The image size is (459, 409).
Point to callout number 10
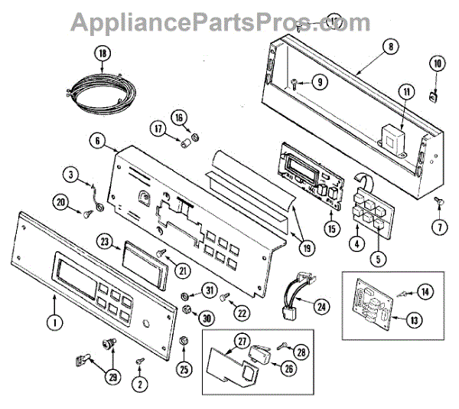[x=437, y=63]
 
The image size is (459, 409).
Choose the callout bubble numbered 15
[x=331, y=228]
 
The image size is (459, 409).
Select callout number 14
[x=426, y=292]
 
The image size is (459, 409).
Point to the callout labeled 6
[x=97, y=142]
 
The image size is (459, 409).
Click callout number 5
[x=376, y=258]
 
